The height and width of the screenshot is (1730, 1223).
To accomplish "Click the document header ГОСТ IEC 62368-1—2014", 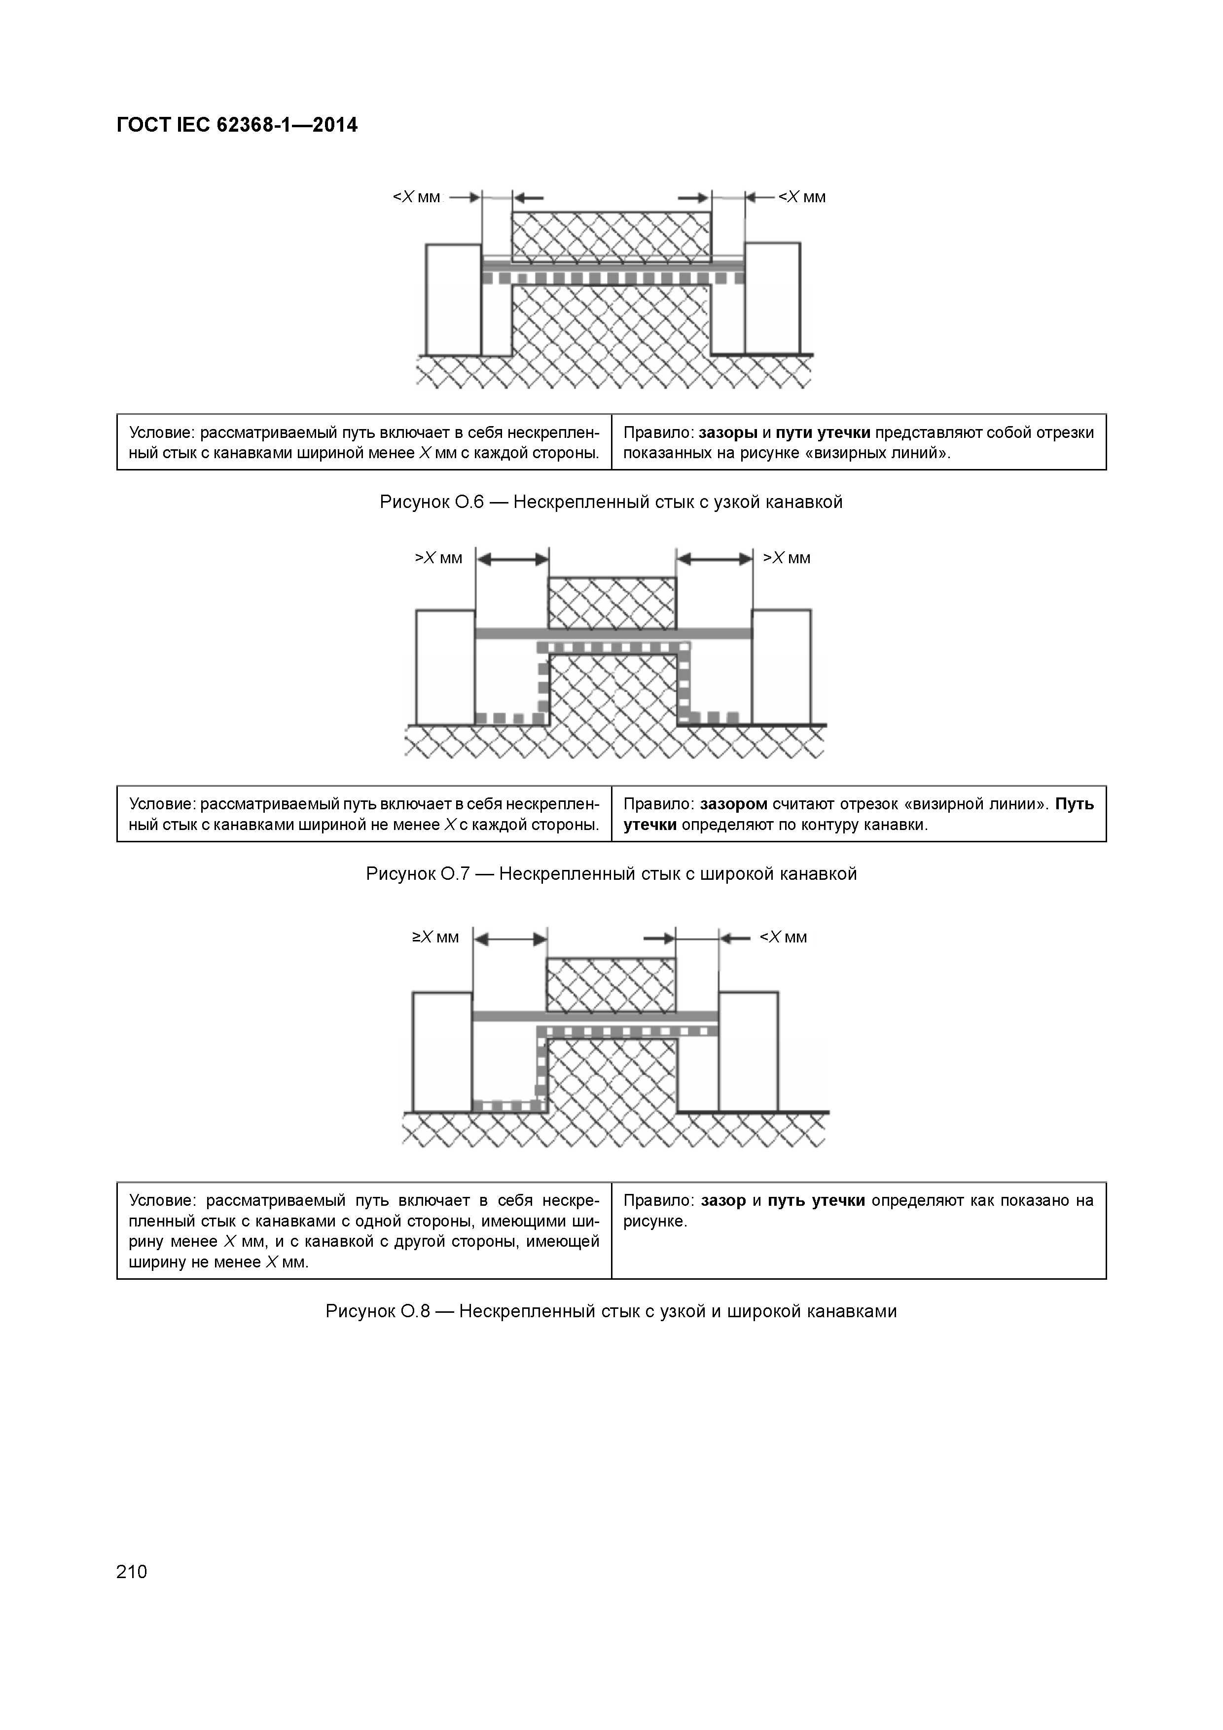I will point(237,125).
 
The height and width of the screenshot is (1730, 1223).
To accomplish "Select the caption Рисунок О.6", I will point(611,502).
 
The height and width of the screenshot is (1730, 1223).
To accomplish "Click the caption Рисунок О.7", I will point(611,874).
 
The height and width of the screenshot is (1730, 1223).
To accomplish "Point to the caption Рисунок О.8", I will point(611,1311).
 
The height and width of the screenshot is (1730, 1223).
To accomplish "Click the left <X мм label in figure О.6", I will point(416,197).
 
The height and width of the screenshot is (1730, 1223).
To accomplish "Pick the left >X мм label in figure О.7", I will point(438,558).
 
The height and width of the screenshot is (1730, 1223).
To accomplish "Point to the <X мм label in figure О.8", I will point(783,937).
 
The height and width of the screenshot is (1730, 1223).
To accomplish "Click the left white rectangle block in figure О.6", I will point(453,299).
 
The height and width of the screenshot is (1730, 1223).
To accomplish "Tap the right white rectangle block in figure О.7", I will point(782,666).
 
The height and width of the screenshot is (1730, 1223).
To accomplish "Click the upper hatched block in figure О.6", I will point(611,236).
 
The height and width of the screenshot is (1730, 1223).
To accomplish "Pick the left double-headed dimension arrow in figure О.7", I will point(512,559).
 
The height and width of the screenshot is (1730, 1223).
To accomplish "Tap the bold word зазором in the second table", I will point(733,804).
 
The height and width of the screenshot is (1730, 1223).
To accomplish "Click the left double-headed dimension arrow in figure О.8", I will point(510,939).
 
